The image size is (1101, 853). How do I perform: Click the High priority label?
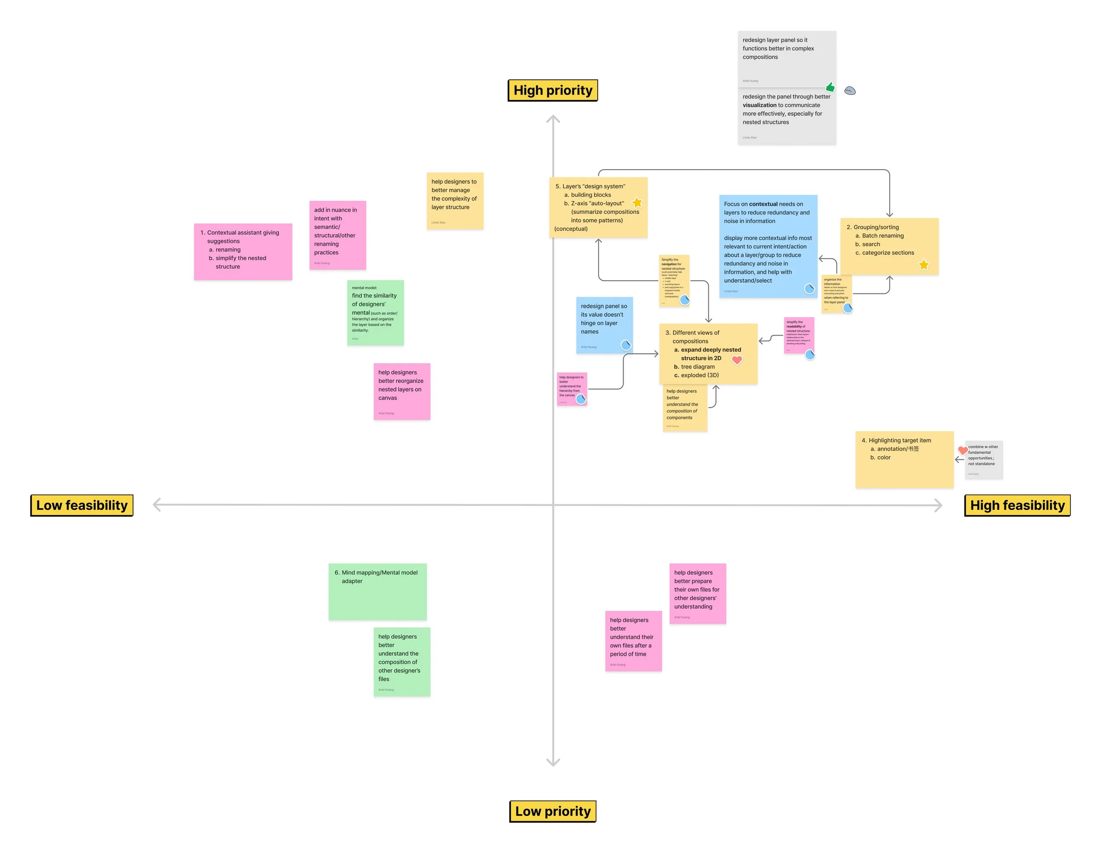[553, 90]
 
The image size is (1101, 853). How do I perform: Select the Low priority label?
[553, 811]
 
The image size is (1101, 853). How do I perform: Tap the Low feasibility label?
[81, 505]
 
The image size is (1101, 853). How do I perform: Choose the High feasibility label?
[1017, 505]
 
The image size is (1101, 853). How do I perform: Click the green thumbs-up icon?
[830, 87]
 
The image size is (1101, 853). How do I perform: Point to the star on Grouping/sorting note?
[923, 265]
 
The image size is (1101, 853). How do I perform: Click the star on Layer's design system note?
[637, 203]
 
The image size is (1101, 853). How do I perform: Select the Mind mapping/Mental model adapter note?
[377, 591]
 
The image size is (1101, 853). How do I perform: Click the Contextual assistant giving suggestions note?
[243, 251]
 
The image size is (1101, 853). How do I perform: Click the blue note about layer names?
[603, 325]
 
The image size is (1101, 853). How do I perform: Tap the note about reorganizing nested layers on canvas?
[402, 391]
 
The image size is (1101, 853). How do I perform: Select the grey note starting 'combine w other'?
[983, 459]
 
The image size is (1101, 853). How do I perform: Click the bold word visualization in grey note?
[759, 105]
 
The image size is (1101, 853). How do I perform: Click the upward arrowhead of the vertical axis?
[553, 119]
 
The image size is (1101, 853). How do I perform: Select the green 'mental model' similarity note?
[375, 313]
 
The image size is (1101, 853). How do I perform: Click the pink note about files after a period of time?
[633, 641]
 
